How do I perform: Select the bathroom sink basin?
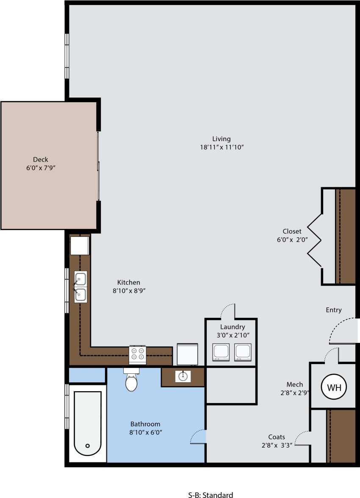[x=183, y=376]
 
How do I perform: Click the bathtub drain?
[x=88, y=445]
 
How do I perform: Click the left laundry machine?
[x=221, y=352]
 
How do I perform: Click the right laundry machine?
[x=243, y=352]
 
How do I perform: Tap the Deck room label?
[x=40, y=159]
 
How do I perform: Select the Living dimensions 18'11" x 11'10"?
[x=222, y=147]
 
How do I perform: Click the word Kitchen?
[x=128, y=282]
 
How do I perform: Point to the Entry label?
[x=333, y=310]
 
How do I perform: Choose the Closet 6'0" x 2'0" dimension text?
[x=292, y=239]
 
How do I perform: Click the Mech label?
[x=294, y=384]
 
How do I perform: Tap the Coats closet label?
[x=276, y=437]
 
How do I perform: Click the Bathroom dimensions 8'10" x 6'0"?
[x=145, y=432]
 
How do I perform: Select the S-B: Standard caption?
[x=210, y=495]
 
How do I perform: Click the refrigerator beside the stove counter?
[x=187, y=354]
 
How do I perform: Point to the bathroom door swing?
[x=198, y=437]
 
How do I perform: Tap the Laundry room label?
[x=233, y=327]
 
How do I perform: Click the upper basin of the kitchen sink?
[x=80, y=279]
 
